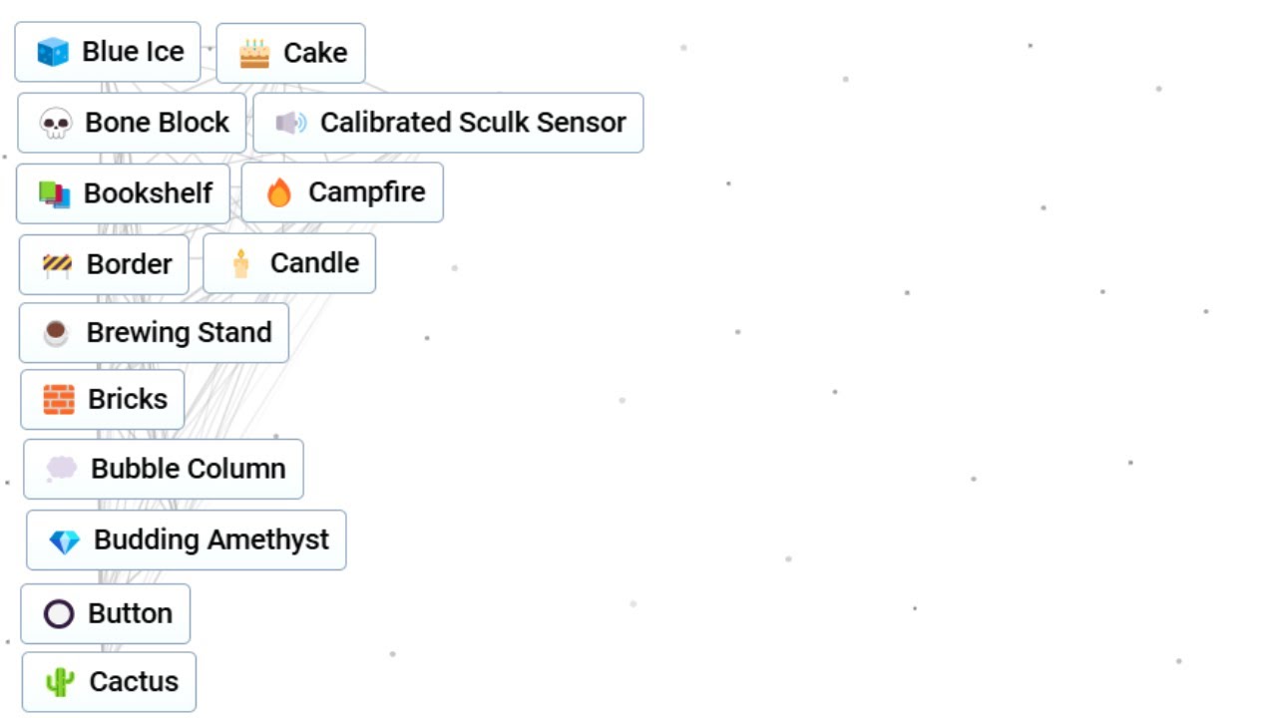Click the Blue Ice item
108,52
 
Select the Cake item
290,53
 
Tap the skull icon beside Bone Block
55,123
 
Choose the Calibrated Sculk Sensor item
448,123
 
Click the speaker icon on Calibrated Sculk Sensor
290,123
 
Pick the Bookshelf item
123,193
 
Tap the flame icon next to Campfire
278,192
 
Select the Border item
104,264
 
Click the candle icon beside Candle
241,264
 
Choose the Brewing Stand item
154,333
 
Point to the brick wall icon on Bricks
59,399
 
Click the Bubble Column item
164,469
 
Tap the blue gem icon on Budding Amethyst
65,541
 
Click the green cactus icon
59,682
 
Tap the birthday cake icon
254,54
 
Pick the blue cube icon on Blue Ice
53,52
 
